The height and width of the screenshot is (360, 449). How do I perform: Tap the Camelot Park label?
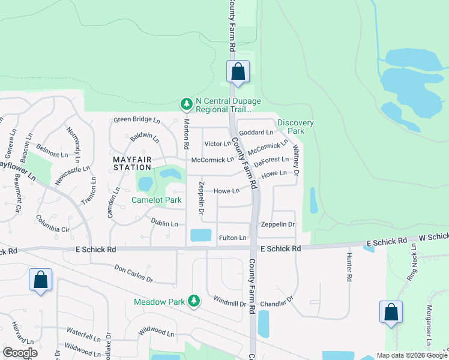157,200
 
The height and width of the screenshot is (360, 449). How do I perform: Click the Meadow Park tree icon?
193,301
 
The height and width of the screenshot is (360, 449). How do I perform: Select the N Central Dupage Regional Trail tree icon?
187,104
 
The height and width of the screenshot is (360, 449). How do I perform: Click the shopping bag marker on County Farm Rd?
238,71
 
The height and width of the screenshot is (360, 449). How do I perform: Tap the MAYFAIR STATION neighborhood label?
132,164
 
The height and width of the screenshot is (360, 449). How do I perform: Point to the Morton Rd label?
187,134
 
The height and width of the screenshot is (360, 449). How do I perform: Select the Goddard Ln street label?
256,132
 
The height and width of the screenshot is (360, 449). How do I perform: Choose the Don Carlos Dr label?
134,275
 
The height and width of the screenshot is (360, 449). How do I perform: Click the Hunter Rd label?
349,267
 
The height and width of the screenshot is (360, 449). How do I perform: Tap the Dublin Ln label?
164,223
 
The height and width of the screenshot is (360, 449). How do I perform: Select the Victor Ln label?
217,144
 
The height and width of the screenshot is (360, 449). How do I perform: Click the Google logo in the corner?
20,353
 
